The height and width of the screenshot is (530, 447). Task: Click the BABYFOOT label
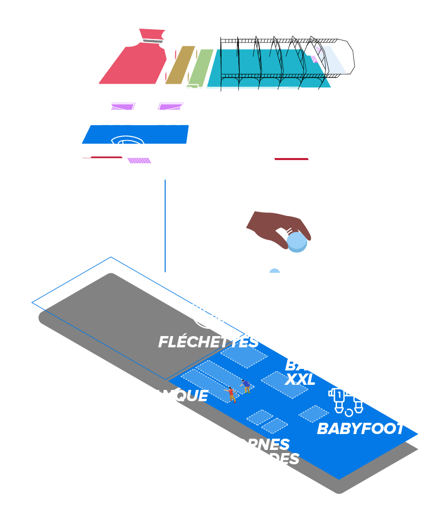[360, 429]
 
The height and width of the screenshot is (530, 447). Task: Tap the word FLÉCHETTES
[208, 342]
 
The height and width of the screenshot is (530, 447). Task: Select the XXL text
[300, 380]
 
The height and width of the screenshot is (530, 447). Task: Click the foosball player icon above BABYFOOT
[346, 401]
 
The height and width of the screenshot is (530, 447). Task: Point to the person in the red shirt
[231, 394]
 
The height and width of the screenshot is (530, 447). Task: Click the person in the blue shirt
[246, 385]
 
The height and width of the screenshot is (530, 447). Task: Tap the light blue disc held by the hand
[296, 242]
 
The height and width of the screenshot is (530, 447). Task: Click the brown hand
[275, 225]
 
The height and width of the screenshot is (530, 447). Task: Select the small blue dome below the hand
[275, 271]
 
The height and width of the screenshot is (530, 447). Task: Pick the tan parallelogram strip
[180, 65]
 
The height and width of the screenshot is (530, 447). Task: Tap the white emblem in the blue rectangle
[128, 142]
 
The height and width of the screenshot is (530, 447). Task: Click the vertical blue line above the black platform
[165, 226]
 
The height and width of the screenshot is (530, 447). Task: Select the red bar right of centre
[291, 159]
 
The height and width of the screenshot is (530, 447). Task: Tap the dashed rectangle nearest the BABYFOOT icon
[313, 414]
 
